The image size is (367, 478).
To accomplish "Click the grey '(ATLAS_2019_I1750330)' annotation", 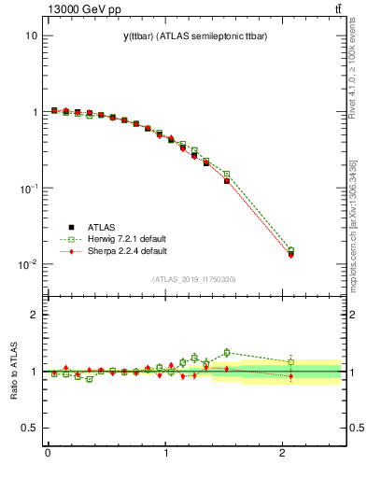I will pos(194,279).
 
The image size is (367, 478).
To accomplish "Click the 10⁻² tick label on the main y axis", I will pos(27,264).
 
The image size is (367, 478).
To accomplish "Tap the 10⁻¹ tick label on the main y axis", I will pos(27,188).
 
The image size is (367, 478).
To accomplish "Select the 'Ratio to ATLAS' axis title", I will pos(14,371).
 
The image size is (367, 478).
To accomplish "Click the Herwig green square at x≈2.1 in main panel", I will pos(290,250).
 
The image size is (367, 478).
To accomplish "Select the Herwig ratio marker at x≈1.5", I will pos(226,352).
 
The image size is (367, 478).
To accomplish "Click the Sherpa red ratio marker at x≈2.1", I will pos(290,376).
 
